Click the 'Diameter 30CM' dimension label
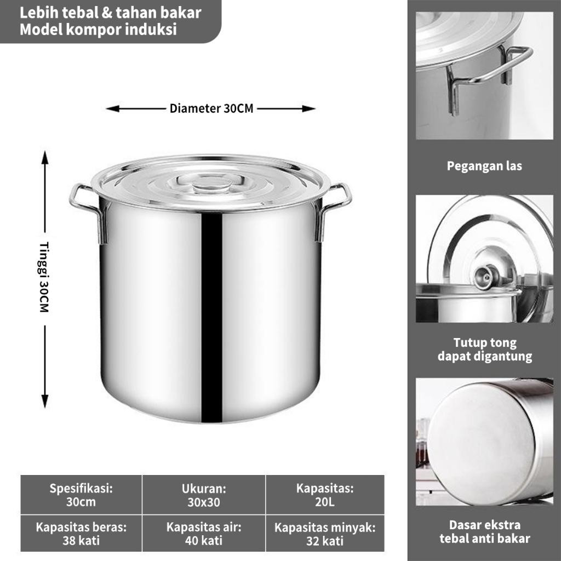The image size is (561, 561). click(211, 108)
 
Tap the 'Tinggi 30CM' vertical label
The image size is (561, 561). click(44, 277)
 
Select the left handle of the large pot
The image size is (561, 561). click(88, 211)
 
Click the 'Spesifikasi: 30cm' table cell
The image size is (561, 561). click(81, 495)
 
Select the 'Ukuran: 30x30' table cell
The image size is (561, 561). click(204, 495)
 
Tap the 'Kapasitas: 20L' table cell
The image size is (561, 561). click(325, 495)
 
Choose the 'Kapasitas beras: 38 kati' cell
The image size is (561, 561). click(81, 534)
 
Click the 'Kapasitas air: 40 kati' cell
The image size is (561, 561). click(204, 534)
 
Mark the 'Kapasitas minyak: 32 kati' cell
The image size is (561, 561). click(325, 534)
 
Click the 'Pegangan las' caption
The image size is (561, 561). click(484, 166)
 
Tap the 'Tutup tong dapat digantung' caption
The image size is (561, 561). click(485, 349)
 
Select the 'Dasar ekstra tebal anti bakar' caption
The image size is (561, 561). click(485, 531)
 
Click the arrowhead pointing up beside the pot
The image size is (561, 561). click(45, 157)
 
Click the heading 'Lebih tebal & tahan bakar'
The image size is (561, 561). click(110, 13)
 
